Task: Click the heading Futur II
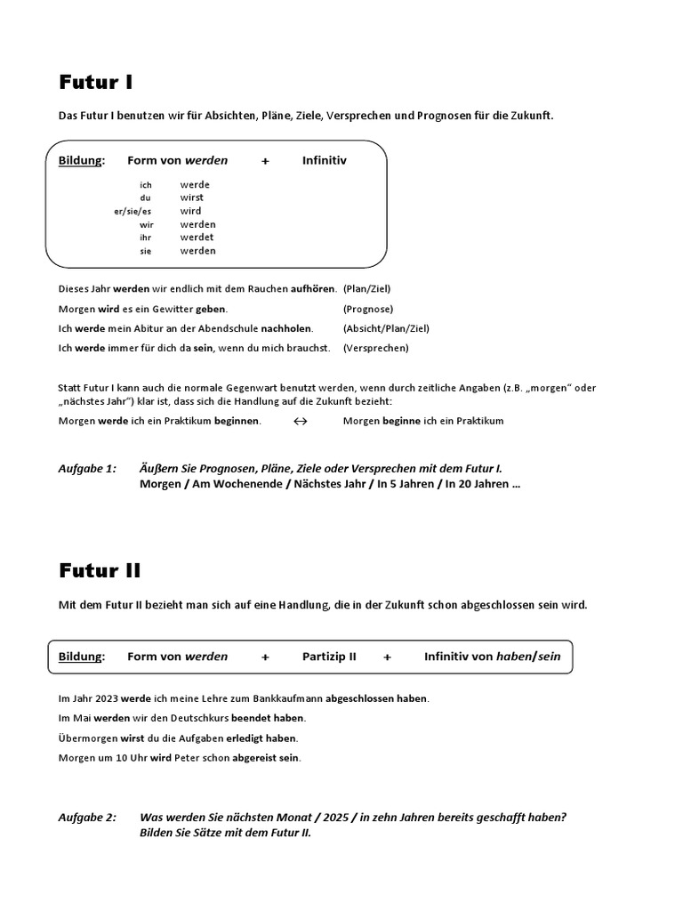tap(100, 570)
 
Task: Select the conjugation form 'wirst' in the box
tap(191, 198)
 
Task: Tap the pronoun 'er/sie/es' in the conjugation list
tap(133, 212)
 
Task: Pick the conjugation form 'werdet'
tap(197, 238)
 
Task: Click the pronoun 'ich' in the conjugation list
tap(146, 185)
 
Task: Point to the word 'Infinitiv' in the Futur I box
tap(324, 161)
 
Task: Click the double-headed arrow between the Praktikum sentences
tap(301, 421)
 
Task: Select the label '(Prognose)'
tap(368, 309)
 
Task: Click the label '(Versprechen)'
tap(375, 348)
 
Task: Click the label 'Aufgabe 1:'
tap(87, 468)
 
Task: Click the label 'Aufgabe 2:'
tap(87, 818)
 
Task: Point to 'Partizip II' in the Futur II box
tap(329, 657)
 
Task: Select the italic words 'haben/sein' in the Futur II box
tap(529, 657)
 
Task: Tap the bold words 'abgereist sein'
tap(265, 758)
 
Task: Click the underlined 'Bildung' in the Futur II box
tap(81, 657)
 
